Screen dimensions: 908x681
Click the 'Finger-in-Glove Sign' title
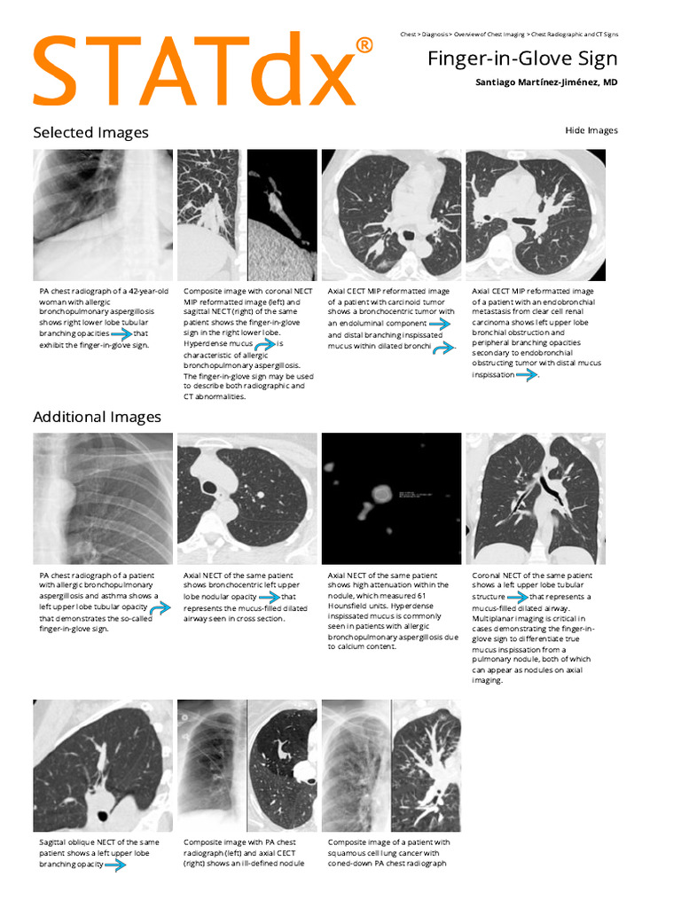(522, 59)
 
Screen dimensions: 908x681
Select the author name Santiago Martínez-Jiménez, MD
(546, 82)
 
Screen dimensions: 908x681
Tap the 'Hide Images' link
(591, 130)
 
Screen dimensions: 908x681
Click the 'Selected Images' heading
(90, 133)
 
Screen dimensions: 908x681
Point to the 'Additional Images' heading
(97, 417)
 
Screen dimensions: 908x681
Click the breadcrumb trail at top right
(509, 34)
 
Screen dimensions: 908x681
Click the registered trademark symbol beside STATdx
(364, 44)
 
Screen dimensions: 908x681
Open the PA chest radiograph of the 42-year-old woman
(103, 215)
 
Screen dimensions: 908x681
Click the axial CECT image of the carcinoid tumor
(391, 215)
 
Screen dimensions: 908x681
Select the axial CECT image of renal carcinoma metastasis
(536, 215)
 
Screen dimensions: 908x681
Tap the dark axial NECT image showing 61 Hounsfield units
(391, 498)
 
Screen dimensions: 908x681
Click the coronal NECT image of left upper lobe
(536, 498)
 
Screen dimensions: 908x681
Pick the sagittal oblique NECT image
(103, 764)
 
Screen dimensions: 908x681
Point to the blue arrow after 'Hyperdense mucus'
(263, 343)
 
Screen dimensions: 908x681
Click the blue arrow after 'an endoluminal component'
(439, 325)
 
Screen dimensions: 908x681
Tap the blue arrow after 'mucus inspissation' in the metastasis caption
(527, 375)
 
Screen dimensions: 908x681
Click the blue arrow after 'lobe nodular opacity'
(269, 597)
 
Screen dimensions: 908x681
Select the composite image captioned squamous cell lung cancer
(391, 764)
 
